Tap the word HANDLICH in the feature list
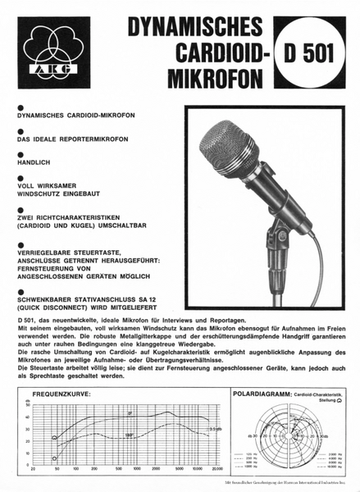point(31,163)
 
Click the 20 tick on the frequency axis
point(33,468)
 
